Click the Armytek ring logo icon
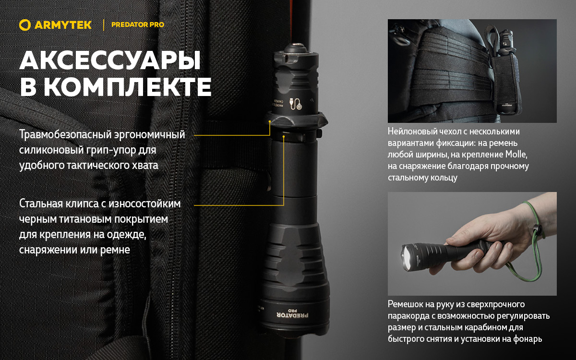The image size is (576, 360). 25,25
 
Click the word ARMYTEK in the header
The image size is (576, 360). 63,25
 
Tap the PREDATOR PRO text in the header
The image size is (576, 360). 137,25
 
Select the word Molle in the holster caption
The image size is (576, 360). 517,155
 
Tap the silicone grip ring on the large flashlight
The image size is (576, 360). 294,119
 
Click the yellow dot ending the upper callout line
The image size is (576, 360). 270,122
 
